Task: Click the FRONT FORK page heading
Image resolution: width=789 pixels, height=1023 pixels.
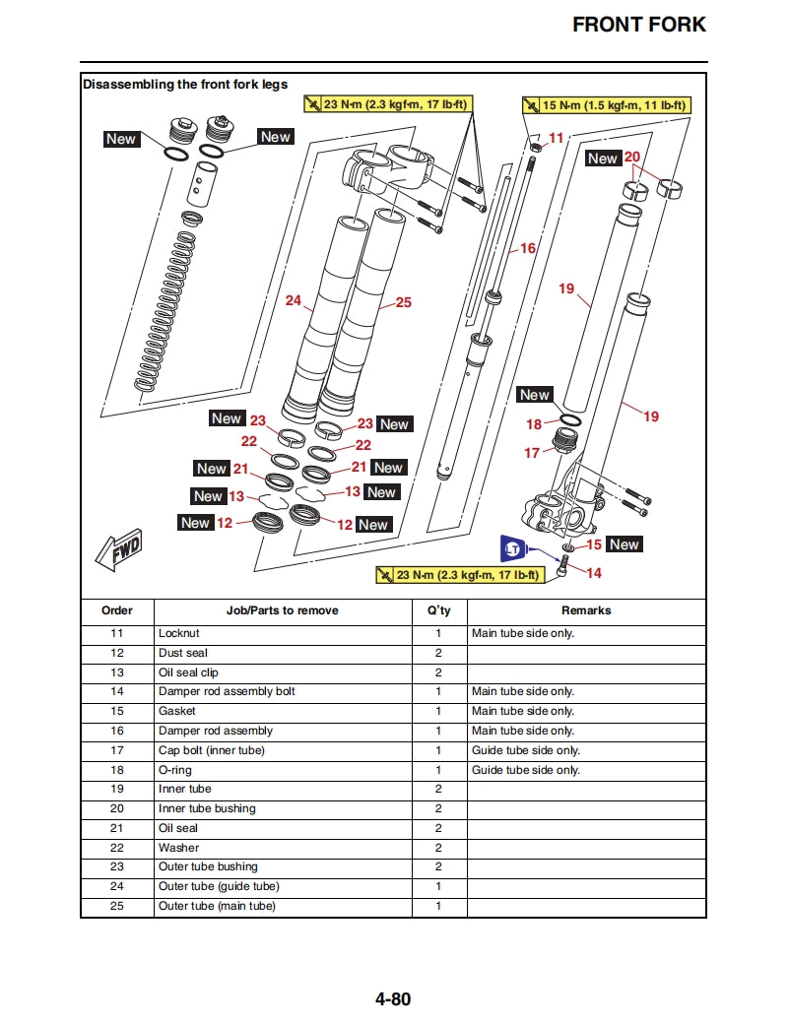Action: pyautogui.click(x=639, y=25)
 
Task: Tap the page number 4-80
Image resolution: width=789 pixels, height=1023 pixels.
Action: pyautogui.click(x=392, y=999)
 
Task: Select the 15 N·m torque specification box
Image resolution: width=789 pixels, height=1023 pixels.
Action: pyautogui.click(x=605, y=105)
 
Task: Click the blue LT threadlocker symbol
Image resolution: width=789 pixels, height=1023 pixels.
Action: pyautogui.click(x=512, y=548)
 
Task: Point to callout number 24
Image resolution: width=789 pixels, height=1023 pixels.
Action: pyautogui.click(x=293, y=300)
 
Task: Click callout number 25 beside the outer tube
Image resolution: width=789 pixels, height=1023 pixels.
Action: pyautogui.click(x=404, y=302)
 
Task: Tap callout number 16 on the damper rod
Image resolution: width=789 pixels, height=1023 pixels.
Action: pyautogui.click(x=528, y=248)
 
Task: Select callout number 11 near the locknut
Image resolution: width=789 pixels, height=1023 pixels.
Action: pyautogui.click(x=557, y=139)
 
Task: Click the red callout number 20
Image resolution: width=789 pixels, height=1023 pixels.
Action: pyautogui.click(x=631, y=157)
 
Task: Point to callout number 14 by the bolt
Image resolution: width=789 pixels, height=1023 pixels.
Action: pyautogui.click(x=594, y=572)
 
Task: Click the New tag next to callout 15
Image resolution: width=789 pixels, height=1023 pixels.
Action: pyautogui.click(x=624, y=544)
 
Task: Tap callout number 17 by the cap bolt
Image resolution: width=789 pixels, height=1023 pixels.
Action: pyautogui.click(x=532, y=453)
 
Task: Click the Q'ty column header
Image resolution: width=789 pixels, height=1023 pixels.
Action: pyautogui.click(x=439, y=610)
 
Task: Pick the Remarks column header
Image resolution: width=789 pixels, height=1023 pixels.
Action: pyautogui.click(x=586, y=610)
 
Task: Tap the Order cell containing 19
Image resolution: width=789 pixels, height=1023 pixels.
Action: pyautogui.click(x=117, y=789)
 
